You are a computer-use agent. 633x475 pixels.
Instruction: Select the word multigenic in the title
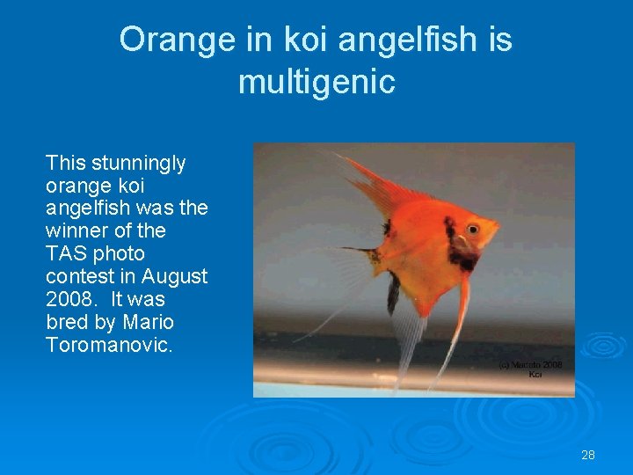tap(316, 82)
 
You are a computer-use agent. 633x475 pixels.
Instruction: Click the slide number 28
tap(588, 455)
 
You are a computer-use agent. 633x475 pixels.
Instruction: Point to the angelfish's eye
tap(473, 229)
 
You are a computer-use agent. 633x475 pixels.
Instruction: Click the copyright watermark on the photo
tap(531, 369)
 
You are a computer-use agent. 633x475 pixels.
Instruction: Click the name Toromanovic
tap(109, 345)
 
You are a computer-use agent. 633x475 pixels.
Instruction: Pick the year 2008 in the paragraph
tap(68, 299)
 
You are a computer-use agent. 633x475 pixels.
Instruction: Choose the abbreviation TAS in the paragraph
tap(65, 253)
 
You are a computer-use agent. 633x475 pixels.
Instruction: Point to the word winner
tap(75, 230)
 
